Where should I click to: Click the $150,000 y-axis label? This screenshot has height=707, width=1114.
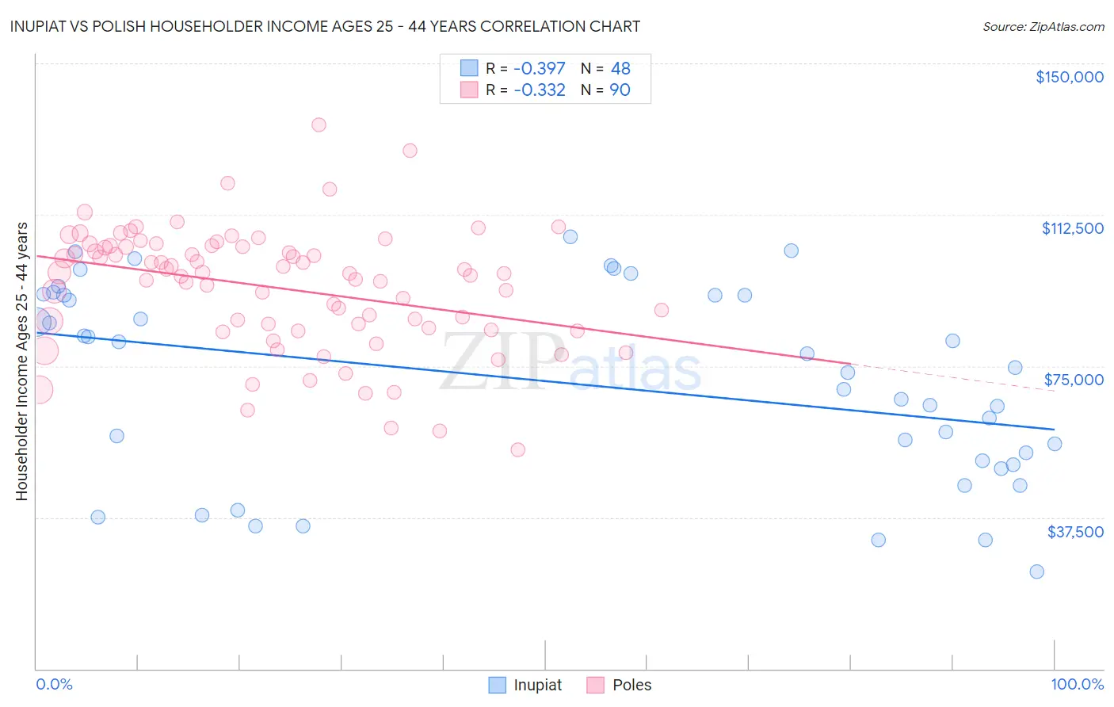point(1069,77)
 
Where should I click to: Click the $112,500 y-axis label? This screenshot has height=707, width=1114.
point(1072,228)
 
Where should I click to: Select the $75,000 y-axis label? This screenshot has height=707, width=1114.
point(1074,380)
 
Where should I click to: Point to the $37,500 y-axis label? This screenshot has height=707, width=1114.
point(1075,532)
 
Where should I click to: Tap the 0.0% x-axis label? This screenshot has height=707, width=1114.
point(54,685)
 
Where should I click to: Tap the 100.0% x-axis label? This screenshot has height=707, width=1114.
point(1077,685)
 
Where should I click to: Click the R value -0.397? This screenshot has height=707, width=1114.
point(540,69)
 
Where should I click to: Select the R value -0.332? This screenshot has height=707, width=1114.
point(540,90)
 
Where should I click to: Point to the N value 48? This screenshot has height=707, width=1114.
point(620,69)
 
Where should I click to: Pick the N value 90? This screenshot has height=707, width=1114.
point(620,90)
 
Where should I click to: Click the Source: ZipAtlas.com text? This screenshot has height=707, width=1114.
point(1043,27)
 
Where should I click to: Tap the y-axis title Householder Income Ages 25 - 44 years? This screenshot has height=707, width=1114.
point(21,361)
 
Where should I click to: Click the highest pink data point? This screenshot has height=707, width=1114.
point(319,124)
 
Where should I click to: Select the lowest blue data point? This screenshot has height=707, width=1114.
point(1036,571)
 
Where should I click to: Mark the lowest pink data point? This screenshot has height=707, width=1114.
point(517,449)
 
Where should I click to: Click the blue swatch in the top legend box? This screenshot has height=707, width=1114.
point(469,69)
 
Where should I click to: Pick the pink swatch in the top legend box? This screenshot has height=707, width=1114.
point(469,90)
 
